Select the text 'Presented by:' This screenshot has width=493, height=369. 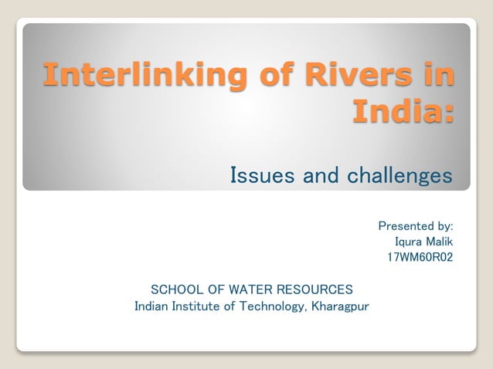(415, 226)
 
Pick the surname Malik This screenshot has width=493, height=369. (439, 242)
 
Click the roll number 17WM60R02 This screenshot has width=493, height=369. (420, 257)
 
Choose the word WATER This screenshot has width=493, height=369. (250, 289)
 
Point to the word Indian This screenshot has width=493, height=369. (152, 306)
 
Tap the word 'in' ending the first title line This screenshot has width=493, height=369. (435, 75)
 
